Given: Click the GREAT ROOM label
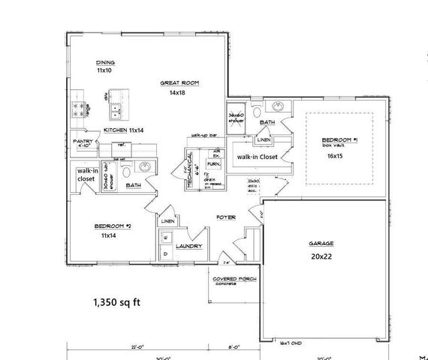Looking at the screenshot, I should tap(179, 82).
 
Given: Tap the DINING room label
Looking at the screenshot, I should tap(104, 62).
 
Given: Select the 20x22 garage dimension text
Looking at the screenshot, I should tap(321, 256).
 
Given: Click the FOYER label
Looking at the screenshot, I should tap(226, 217).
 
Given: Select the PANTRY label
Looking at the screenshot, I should tap(83, 141).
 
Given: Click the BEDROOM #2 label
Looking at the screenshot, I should tap(113, 226).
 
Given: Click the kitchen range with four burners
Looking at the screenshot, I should tap(80, 111).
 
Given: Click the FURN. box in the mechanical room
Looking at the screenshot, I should tap(213, 162).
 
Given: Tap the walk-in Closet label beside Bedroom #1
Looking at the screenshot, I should tap(257, 157).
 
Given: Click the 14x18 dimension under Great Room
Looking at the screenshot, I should tap(176, 92).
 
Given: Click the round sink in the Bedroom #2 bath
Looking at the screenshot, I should tap(146, 166).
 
